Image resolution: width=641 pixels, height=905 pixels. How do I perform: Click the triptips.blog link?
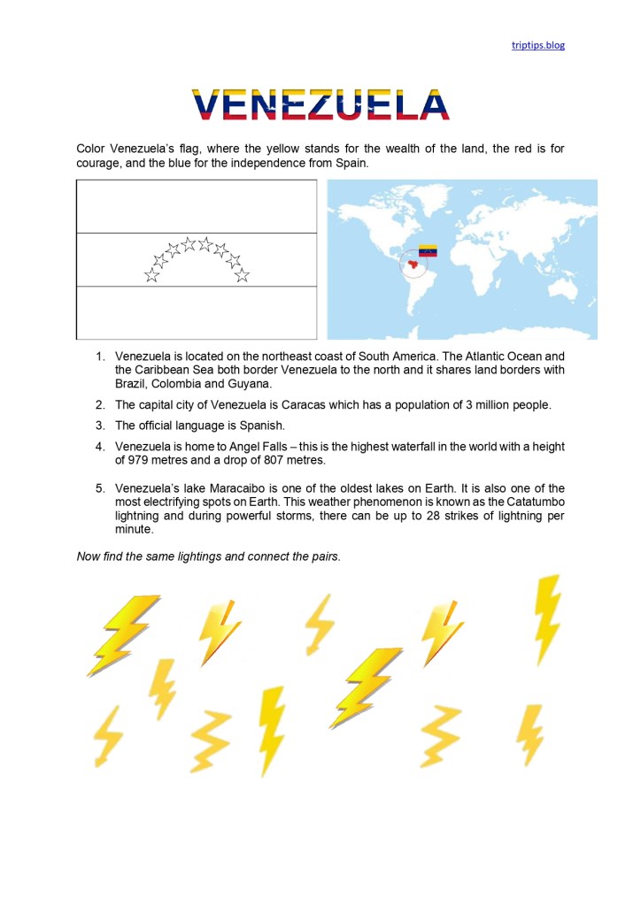[x=537, y=45]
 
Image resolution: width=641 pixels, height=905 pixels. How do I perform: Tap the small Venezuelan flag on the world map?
[x=428, y=250]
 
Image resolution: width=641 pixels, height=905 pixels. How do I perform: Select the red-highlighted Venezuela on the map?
[x=413, y=261]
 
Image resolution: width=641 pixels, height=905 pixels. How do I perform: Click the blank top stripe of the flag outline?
[x=197, y=206]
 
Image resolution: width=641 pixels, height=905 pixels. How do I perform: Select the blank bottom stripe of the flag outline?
[x=197, y=312]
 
